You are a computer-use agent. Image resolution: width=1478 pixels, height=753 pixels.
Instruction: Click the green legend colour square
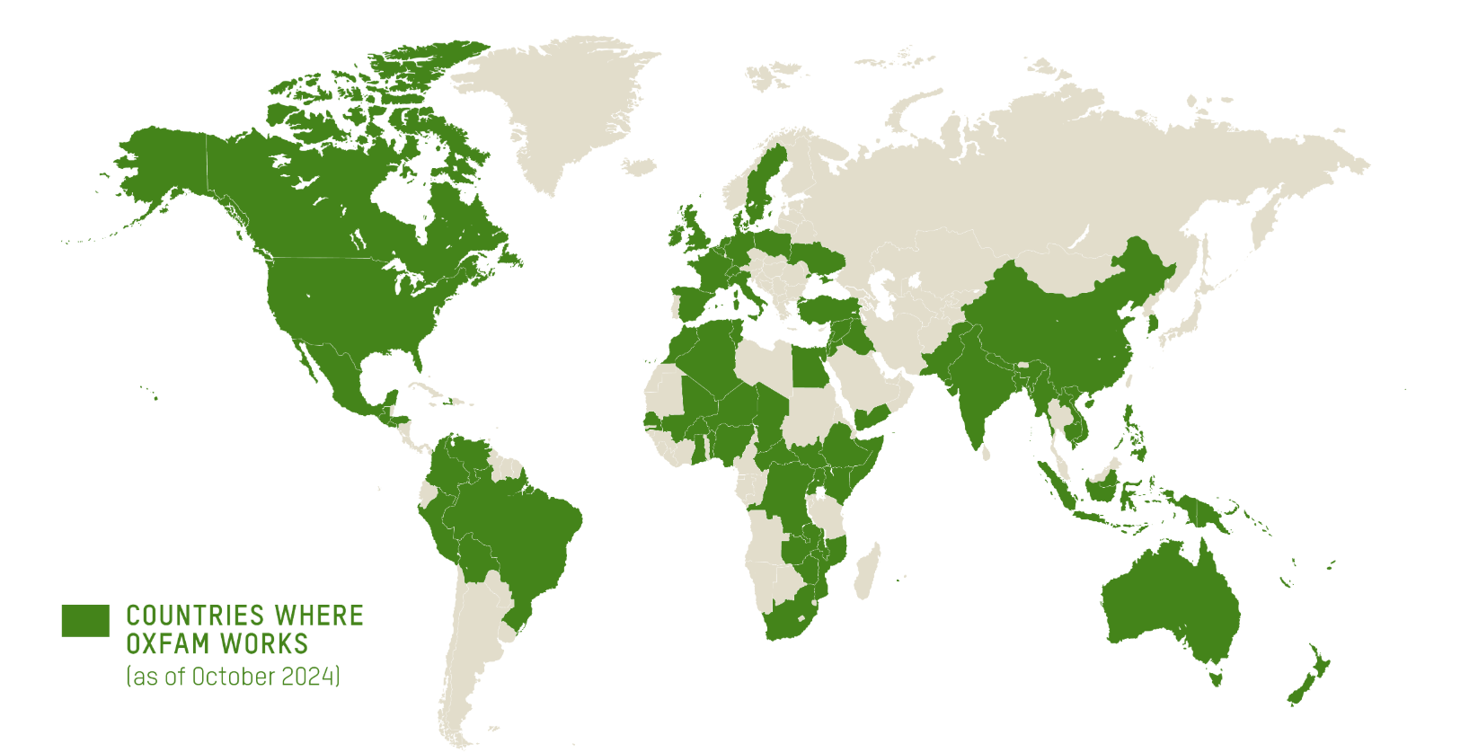click(x=85, y=620)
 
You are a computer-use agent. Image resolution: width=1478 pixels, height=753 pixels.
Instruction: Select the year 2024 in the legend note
click(x=307, y=677)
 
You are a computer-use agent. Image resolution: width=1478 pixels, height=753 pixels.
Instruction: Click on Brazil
click(x=521, y=530)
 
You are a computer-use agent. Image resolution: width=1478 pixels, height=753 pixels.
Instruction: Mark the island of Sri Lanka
click(x=987, y=454)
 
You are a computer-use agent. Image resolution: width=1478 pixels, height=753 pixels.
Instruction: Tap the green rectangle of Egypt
click(x=810, y=368)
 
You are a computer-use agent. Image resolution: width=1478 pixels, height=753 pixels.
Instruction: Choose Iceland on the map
click(x=639, y=166)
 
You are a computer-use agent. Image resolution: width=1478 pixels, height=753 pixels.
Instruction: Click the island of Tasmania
click(x=1217, y=675)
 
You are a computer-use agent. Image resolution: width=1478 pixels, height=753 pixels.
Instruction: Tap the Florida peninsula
click(x=419, y=359)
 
